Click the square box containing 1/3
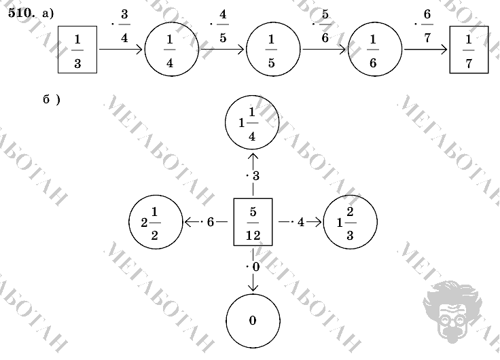(x=77, y=50)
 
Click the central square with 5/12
(x=253, y=221)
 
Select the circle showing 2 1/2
(x=155, y=222)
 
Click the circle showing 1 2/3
(x=350, y=222)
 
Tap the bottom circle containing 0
(x=252, y=321)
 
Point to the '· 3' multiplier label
(x=253, y=177)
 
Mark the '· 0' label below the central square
(x=253, y=267)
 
